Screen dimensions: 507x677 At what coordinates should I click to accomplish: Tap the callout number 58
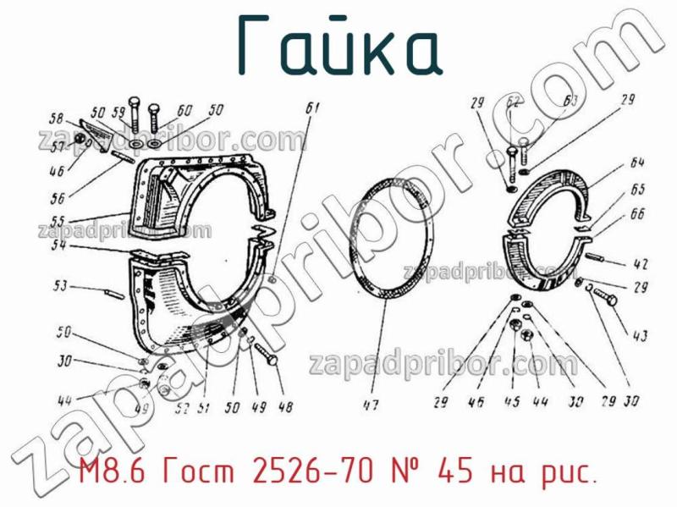point(57,118)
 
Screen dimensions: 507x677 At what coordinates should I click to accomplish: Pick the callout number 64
point(637,163)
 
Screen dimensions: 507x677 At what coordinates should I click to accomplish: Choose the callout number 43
point(639,337)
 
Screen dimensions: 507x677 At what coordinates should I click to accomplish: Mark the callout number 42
point(640,262)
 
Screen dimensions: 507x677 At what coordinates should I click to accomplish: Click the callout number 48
point(285,407)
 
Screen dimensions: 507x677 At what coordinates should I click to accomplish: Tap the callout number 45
point(512,402)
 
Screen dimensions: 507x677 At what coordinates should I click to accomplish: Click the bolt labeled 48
point(265,355)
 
